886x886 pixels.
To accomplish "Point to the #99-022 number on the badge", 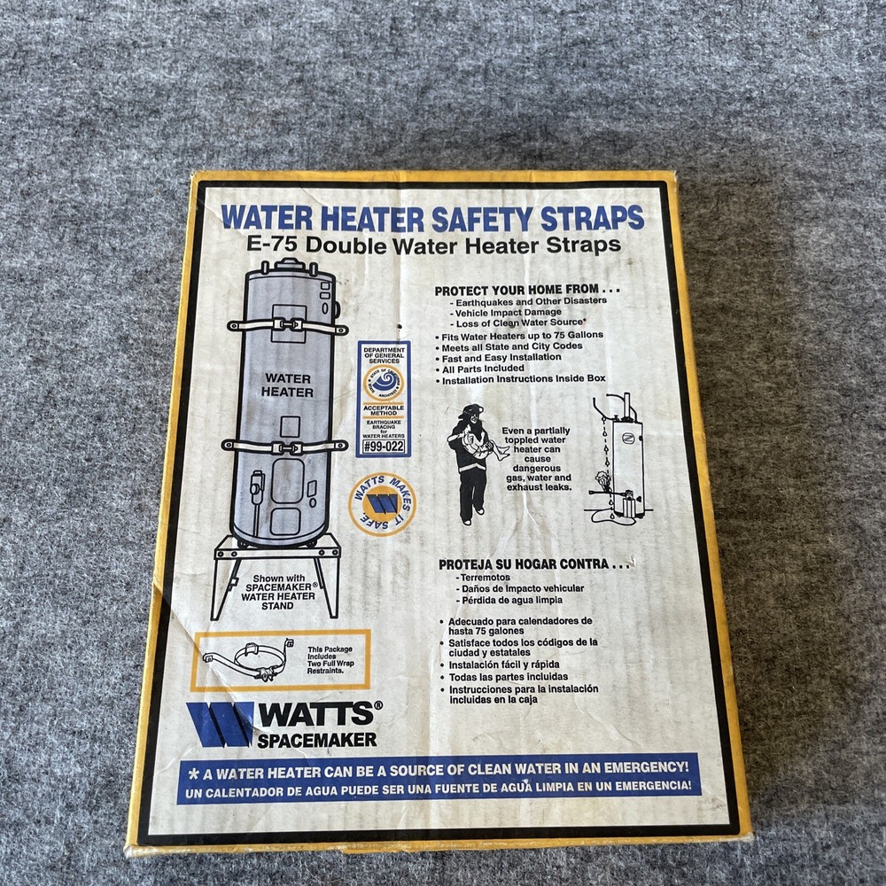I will (x=384, y=447).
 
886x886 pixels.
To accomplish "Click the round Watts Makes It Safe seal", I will (x=382, y=505).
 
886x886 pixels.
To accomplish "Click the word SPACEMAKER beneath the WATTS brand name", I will (x=316, y=739).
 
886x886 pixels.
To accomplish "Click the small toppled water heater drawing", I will (x=620, y=461).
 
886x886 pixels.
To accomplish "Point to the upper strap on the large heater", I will (x=285, y=325).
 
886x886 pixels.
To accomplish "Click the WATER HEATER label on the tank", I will (x=287, y=385).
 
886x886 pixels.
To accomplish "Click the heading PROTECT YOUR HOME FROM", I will (x=526, y=290).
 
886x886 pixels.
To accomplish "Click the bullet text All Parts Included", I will (x=484, y=369).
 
